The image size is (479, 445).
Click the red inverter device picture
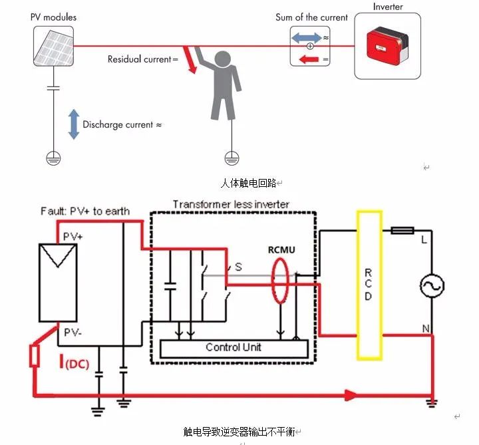(387, 47)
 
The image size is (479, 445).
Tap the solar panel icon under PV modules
(53, 46)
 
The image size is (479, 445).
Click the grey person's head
(223, 59)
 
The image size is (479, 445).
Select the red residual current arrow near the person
(190, 60)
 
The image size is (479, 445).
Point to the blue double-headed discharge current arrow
(74, 124)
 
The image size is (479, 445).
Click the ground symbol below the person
(232, 158)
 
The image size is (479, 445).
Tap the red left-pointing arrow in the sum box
(309, 59)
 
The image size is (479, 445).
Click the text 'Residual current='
(142, 59)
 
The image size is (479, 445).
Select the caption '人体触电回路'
(248, 183)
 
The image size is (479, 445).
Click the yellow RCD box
(369, 285)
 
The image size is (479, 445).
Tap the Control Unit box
(234, 349)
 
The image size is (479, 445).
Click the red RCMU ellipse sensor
(280, 281)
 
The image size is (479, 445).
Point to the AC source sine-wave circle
(432, 285)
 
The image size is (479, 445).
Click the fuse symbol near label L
(402, 230)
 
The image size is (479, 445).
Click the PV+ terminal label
(73, 236)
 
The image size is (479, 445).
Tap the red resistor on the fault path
(35, 355)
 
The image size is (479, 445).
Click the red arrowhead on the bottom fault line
(351, 395)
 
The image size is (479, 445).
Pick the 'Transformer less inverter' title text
(231, 204)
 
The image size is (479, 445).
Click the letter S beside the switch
(239, 267)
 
